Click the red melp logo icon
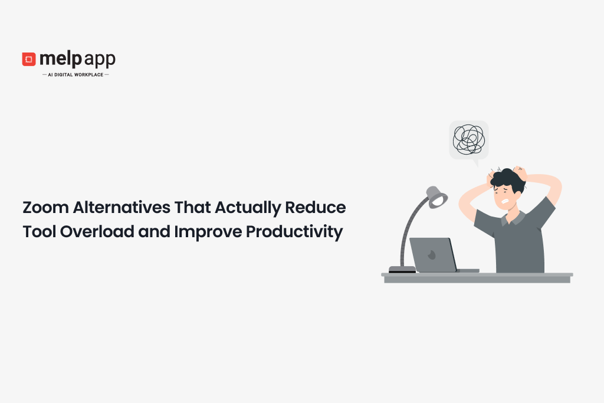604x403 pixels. pyautogui.click(x=29, y=59)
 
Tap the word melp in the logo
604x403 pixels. pyautogui.click(x=61, y=59)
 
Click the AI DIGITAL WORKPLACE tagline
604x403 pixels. pyautogui.click(x=75, y=75)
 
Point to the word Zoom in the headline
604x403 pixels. pyautogui.click(x=46, y=207)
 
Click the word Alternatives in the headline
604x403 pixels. pyautogui.click(x=122, y=207)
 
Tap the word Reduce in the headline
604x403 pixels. pyautogui.click(x=316, y=207)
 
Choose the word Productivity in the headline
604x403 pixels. pyautogui.click(x=294, y=232)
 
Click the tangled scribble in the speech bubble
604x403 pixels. pyautogui.click(x=469, y=139)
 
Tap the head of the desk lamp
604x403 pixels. pyautogui.click(x=437, y=197)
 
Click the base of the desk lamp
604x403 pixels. pyautogui.click(x=402, y=269)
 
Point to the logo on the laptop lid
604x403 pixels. pyautogui.click(x=432, y=255)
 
